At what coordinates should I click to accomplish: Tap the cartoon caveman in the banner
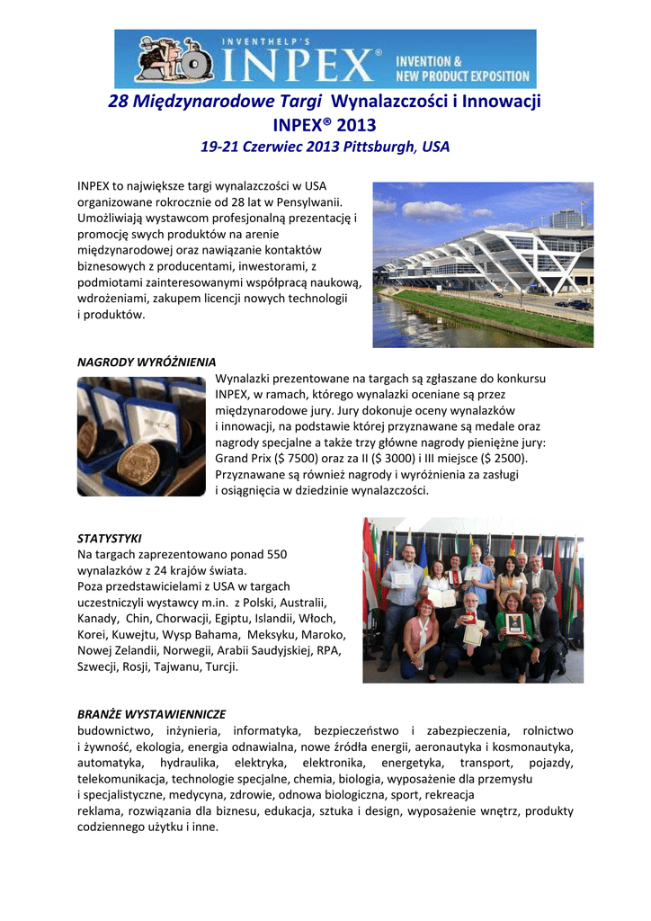tap(162, 59)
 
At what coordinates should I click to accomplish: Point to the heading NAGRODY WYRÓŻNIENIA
tap(147, 362)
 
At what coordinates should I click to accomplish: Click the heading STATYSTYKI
tap(110, 538)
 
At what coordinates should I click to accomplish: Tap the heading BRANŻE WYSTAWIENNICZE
tap(152, 713)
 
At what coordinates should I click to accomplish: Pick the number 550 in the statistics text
tap(272, 554)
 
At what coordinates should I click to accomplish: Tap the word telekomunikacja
tap(122, 779)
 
